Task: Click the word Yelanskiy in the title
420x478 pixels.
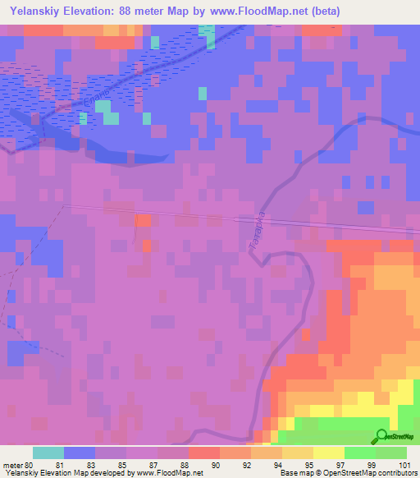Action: [x=37, y=11]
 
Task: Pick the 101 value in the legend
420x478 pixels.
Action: [x=405, y=464]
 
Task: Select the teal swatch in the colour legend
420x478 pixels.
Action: [x=48, y=453]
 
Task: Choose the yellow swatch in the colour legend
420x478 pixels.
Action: [x=329, y=453]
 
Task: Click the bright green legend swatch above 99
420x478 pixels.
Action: [x=360, y=453]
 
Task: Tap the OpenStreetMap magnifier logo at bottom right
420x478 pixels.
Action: [x=382, y=436]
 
